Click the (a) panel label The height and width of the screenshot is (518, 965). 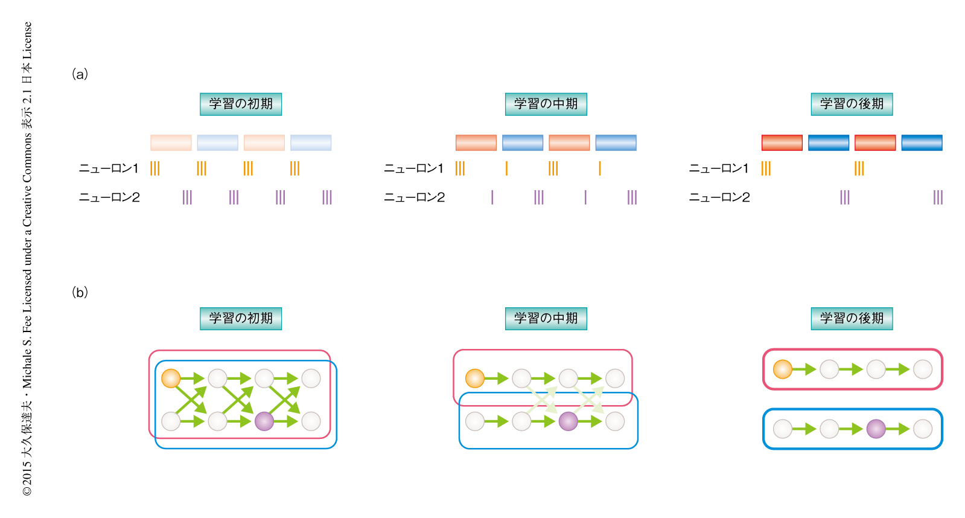point(80,74)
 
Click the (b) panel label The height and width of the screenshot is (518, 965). point(80,293)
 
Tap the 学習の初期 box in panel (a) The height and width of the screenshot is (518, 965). point(241,104)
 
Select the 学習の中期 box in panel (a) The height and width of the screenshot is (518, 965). point(546,104)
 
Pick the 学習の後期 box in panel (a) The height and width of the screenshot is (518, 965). point(852,104)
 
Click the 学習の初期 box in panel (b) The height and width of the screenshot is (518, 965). point(241,318)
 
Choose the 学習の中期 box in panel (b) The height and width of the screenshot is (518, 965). point(546,318)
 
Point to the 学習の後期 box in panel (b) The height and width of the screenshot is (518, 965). point(852,318)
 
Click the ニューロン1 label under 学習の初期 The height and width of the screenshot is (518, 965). point(109,168)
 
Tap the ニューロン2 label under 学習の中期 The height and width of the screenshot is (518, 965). point(414,197)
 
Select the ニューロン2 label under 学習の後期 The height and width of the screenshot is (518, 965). point(719,197)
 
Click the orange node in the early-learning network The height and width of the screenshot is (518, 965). point(171,379)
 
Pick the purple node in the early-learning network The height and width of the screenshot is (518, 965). point(264,421)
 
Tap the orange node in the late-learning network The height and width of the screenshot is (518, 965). point(783,369)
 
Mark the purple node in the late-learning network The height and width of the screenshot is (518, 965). point(876,429)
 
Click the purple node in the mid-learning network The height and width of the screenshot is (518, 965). point(568,421)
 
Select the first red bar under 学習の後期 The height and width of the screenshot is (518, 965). point(782,142)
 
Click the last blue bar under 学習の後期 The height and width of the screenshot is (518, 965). point(922,142)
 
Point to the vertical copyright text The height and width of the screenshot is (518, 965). point(27,259)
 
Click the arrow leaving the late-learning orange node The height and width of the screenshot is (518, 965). point(805,369)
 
